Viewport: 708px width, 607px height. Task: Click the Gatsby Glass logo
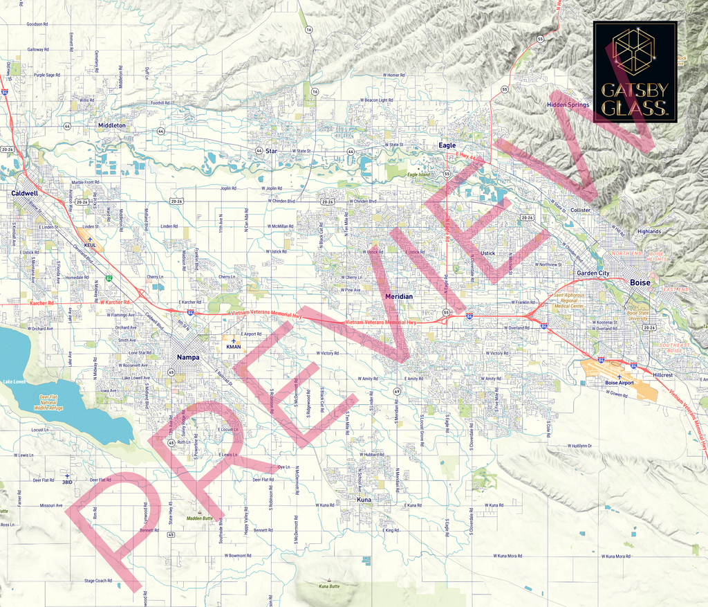(x=634, y=73)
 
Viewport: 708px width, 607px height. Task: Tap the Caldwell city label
(x=25, y=194)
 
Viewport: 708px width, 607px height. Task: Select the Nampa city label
(x=188, y=357)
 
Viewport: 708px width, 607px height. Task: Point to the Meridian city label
(x=398, y=296)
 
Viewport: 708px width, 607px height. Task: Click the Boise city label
(x=640, y=282)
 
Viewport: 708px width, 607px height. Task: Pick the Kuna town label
(x=364, y=499)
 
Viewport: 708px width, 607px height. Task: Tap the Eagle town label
(x=447, y=145)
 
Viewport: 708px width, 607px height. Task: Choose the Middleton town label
(x=112, y=125)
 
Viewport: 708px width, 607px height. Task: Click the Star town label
(x=271, y=150)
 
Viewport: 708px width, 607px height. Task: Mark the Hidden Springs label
(x=568, y=105)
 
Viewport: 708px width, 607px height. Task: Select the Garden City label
(x=593, y=273)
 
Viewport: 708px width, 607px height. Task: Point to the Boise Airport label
(x=619, y=383)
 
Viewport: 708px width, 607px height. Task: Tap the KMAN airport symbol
(x=234, y=341)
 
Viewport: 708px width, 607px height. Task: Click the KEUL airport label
(x=90, y=245)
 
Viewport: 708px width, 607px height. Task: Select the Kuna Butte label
(x=329, y=586)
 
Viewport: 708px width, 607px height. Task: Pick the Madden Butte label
(x=198, y=518)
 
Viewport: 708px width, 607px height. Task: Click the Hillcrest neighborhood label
(x=662, y=374)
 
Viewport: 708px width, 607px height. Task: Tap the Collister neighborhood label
(x=581, y=210)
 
